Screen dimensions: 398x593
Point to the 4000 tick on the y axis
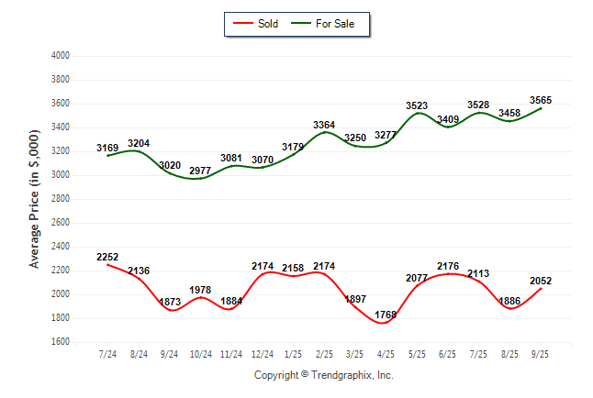[61, 56]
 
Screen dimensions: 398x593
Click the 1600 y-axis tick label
[61, 342]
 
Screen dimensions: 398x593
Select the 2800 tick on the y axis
[61, 199]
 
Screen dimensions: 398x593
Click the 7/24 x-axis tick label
[106, 354]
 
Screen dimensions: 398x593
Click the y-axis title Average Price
[35, 199]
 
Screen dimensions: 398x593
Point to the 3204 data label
[140, 143]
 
